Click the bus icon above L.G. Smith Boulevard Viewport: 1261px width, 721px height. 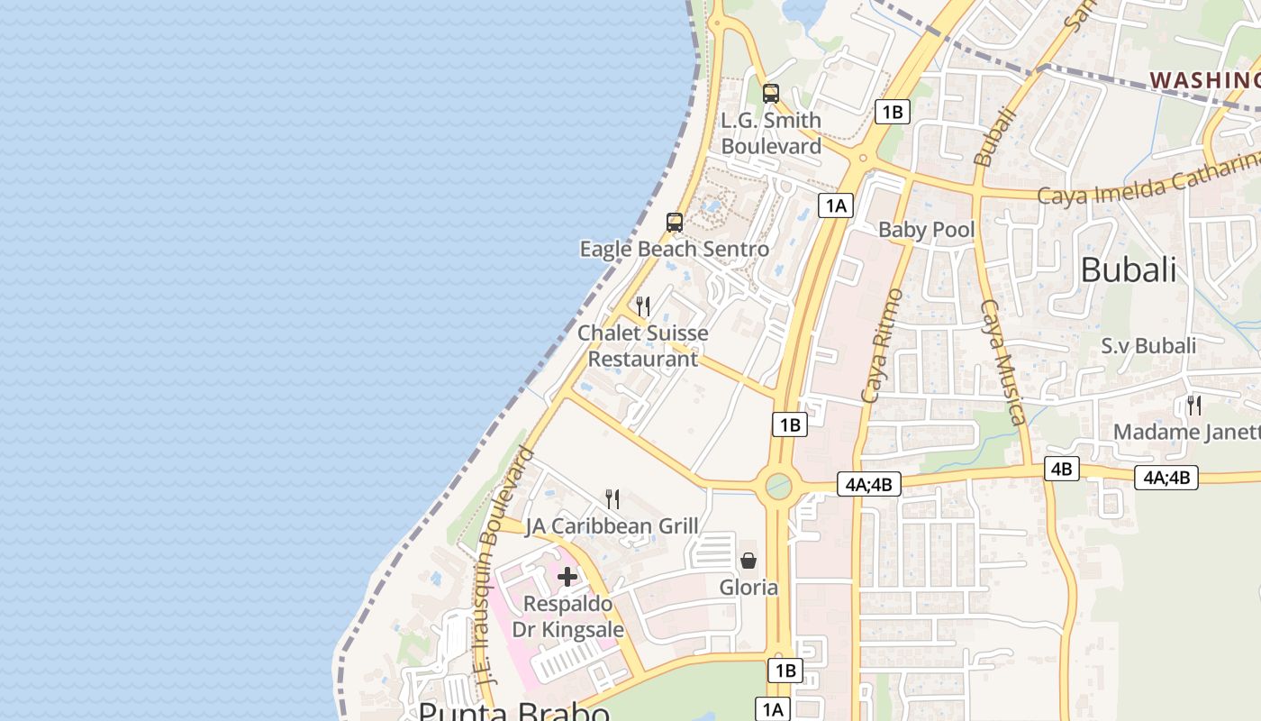coord(770,93)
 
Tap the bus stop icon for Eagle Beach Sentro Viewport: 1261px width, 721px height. coord(674,222)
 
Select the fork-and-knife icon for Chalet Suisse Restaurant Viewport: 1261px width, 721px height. coord(642,306)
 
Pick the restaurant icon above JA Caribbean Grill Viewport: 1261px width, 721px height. coord(612,498)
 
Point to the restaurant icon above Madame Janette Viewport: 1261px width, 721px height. coord(1194,405)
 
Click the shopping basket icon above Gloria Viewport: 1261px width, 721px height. coord(748,561)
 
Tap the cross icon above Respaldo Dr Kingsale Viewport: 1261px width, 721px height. coord(567,577)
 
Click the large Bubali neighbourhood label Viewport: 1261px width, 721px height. coord(1128,269)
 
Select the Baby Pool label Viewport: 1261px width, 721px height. coord(926,230)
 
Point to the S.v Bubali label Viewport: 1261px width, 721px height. coord(1148,346)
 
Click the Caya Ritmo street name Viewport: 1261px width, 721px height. coord(882,345)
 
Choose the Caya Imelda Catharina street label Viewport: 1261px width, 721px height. coord(1148,182)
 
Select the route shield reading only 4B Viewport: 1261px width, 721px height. coord(1062,469)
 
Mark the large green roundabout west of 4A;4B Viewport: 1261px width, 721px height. coord(778,486)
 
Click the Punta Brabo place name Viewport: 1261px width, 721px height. coord(514,712)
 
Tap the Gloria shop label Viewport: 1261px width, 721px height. coord(748,588)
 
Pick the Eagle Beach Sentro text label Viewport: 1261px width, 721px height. coord(674,249)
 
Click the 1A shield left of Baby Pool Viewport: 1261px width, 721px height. coord(835,205)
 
